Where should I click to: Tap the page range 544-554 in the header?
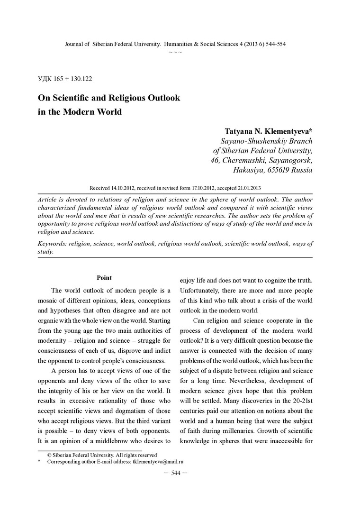[273, 44]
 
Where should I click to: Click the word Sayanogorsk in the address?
[289, 160]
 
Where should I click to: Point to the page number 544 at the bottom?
[175, 473]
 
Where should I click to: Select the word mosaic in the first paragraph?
[48, 301]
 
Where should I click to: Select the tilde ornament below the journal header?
[175, 51]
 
